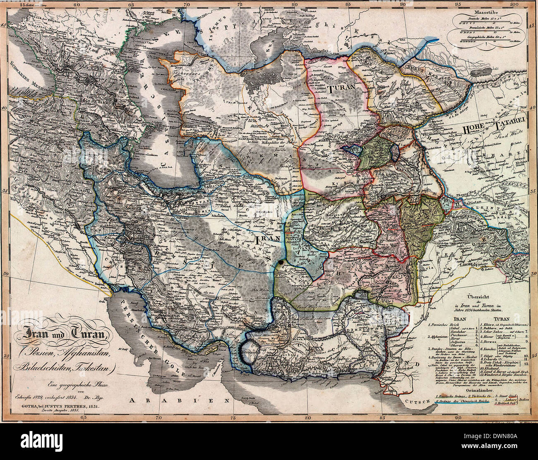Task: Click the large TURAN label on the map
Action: pos(340,89)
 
